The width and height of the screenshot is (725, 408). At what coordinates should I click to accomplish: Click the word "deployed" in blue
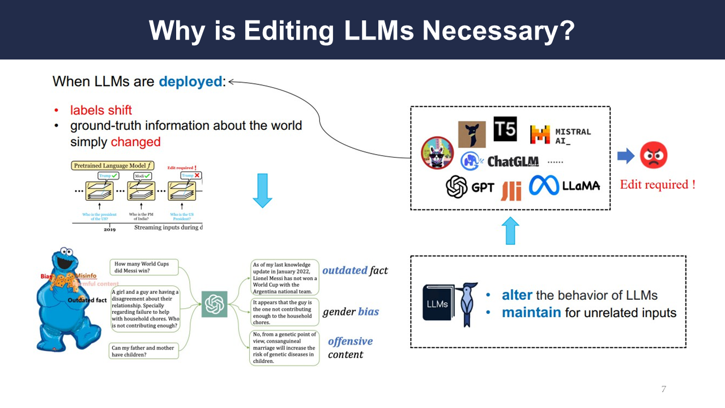click(190, 82)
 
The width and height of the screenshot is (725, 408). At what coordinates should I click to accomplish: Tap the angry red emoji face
click(654, 155)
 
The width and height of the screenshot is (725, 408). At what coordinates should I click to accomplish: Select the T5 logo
click(505, 129)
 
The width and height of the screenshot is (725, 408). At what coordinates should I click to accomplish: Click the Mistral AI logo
click(560, 135)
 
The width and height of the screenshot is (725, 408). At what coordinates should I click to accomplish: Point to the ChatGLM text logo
click(513, 161)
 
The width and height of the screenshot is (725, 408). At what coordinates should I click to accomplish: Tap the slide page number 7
click(663, 389)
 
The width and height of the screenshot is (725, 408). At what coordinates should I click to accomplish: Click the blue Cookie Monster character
click(62, 300)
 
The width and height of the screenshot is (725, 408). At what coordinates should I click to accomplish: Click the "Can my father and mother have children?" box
click(143, 351)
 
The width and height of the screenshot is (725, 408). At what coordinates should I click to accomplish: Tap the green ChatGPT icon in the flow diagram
click(215, 304)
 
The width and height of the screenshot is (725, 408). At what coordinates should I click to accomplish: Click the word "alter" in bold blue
click(517, 295)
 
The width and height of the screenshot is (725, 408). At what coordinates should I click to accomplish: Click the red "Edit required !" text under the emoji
click(658, 185)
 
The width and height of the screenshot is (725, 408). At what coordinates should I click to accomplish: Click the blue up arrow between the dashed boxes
click(510, 231)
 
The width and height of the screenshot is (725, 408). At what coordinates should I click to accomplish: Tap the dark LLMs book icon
click(437, 304)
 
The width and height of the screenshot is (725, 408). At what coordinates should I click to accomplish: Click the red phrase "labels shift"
click(101, 110)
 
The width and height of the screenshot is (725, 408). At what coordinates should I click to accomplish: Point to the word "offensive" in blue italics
click(350, 341)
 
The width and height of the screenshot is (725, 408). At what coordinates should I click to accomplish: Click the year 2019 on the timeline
click(110, 229)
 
